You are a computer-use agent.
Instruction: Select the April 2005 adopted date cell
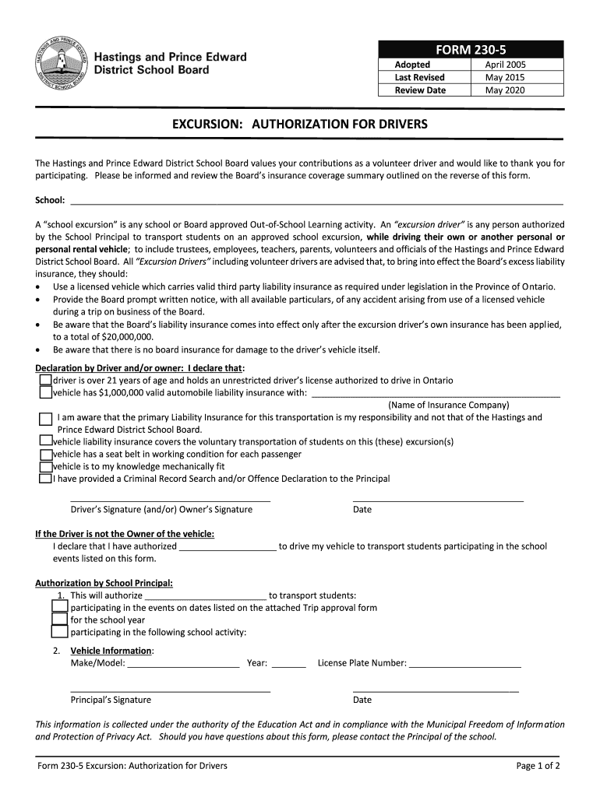point(506,65)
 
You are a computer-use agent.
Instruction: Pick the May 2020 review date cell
point(506,90)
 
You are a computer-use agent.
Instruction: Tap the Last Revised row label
point(419,78)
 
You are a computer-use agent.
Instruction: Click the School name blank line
point(316,202)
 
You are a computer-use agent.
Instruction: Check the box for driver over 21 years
point(45,381)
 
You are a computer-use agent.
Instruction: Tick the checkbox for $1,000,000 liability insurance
point(45,393)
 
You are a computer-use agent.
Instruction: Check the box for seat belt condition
point(45,455)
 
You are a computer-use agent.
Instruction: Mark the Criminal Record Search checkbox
point(45,479)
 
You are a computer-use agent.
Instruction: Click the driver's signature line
point(170,500)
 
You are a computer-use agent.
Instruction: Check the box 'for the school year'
point(59,620)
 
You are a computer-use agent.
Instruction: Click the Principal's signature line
point(170,690)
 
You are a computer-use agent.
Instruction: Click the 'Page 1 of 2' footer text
point(538,766)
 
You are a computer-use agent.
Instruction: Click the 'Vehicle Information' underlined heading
point(111,651)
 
